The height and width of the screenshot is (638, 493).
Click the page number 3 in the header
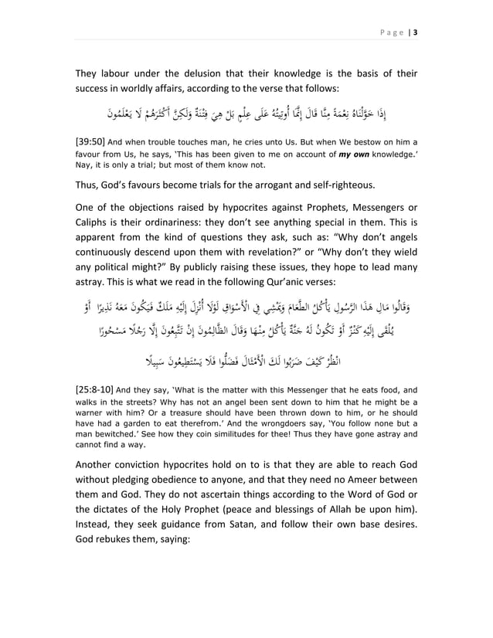point(415,32)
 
